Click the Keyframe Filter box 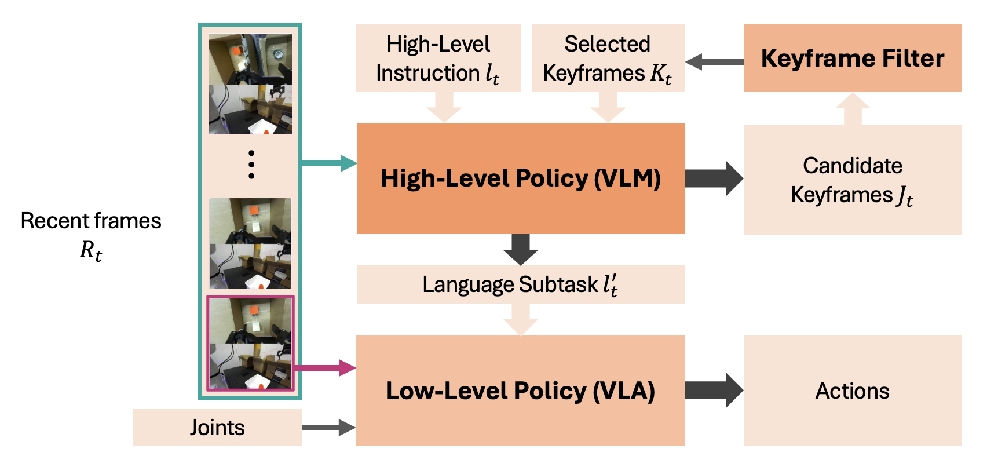(852, 58)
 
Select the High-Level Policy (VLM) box (520, 178)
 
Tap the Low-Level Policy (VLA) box (520, 391)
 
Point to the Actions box (852, 391)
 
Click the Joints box (217, 428)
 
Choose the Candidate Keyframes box (852, 180)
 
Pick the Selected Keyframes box (608, 58)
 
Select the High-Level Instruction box (438, 58)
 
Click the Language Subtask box (520, 284)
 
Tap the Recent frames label (91, 235)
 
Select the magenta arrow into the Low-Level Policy (324, 367)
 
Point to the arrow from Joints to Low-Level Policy (328, 428)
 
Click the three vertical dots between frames (251, 165)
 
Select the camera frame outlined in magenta (251, 343)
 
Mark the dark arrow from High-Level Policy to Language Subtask (520, 249)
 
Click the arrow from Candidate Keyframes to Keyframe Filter (853, 109)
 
